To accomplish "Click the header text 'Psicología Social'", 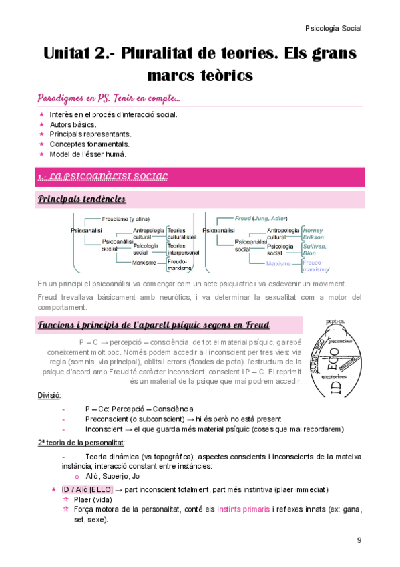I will click(x=333, y=28).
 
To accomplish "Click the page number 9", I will click(x=359, y=540).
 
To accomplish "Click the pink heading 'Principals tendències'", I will click(x=81, y=199).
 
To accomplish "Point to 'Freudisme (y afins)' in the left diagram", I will click(x=126, y=218).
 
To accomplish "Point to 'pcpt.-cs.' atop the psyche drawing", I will click(x=336, y=322).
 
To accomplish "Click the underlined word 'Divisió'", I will click(x=49, y=395).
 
